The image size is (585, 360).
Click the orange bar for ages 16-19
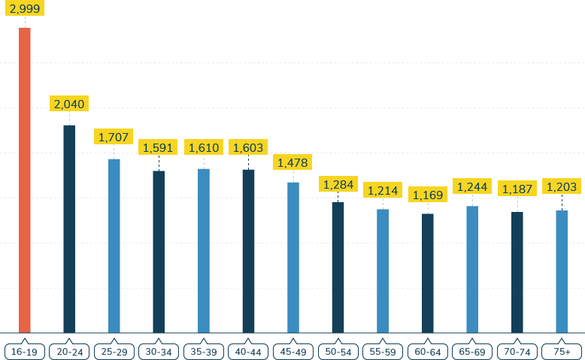[x=25, y=180]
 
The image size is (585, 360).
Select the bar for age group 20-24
[x=69, y=228]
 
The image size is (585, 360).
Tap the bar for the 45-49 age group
[x=293, y=257]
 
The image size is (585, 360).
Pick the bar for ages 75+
[x=562, y=271]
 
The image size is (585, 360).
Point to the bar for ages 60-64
[x=428, y=273]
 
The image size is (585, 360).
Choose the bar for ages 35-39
[x=204, y=250]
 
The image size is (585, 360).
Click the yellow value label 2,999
[x=25, y=8]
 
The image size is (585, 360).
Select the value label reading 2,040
[x=69, y=104]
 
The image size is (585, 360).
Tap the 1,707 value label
[x=114, y=137]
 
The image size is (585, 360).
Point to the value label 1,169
[x=428, y=195]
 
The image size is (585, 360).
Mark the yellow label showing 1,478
[x=293, y=162]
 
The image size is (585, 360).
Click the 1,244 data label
[x=472, y=186]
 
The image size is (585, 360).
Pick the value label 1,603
[x=248, y=147]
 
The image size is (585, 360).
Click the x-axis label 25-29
[x=114, y=352]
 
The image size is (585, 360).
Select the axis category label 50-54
[x=338, y=352]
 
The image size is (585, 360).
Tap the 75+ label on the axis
[x=562, y=352]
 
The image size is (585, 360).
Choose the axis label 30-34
[x=159, y=352]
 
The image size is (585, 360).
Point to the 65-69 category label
[x=472, y=352]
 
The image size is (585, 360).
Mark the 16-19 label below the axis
[x=25, y=352]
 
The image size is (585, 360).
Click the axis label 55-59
[x=383, y=352]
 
